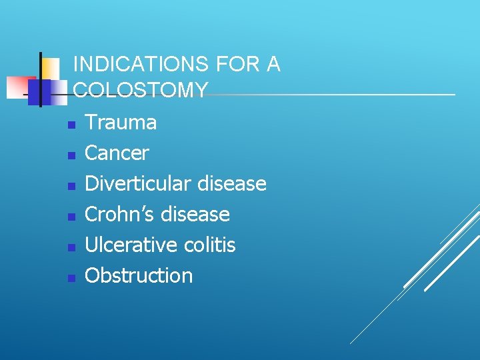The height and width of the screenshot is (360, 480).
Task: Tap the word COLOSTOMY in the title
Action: [x=141, y=90]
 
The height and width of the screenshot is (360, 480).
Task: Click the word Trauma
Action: [x=121, y=123]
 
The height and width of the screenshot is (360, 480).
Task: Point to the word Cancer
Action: [x=117, y=153]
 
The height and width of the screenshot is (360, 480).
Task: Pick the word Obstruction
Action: [x=139, y=276]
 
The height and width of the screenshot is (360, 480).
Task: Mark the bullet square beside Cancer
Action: [x=71, y=155]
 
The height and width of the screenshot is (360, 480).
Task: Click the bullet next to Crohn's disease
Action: [x=71, y=217]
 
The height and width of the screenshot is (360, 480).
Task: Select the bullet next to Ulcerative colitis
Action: [x=71, y=247]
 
